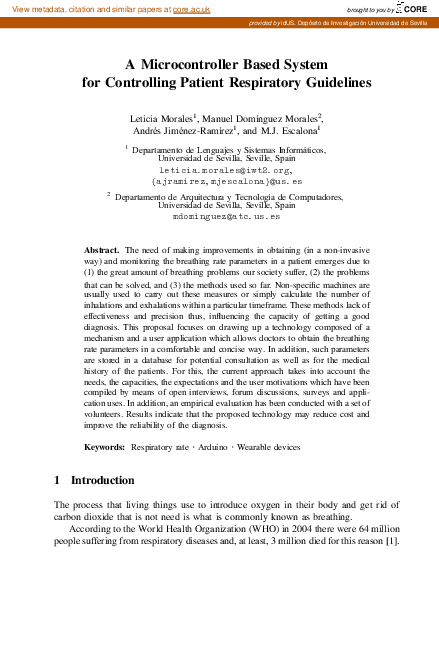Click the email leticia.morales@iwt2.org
tap(219, 171)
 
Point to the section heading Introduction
tap(103, 480)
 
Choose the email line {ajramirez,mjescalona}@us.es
tap(219, 182)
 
